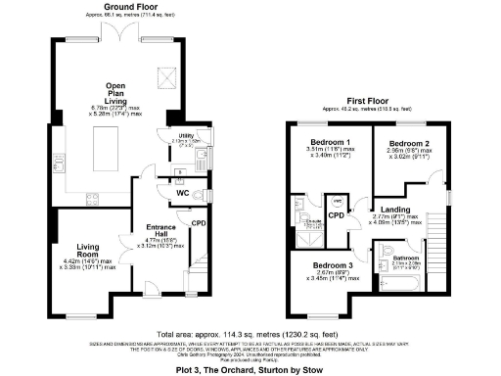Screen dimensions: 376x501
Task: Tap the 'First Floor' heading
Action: pyautogui.click(x=368, y=100)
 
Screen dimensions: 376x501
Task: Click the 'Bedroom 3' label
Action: pyautogui.click(x=334, y=265)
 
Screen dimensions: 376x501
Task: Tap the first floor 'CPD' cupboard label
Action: pyautogui.click(x=335, y=214)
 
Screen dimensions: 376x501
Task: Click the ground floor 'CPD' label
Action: pyautogui.click(x=200, y=223)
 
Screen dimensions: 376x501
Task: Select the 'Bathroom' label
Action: pyautogui.click(x=405, y=258)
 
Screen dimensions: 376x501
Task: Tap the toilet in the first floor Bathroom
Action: pyautogui.click(x=388, y=248)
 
